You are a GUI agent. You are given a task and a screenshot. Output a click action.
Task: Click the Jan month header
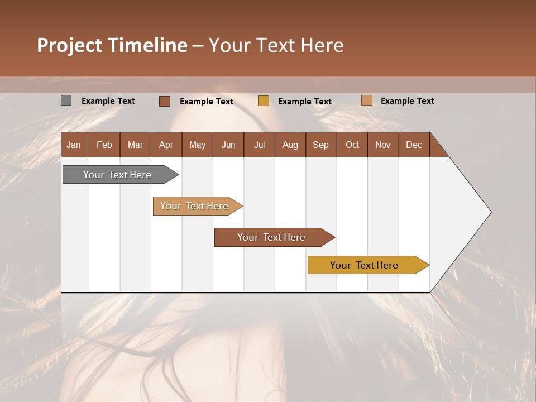(74, 145)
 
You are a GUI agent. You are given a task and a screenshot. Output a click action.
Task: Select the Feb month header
(104, 145)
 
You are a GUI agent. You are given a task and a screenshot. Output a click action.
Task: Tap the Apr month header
(166, 145)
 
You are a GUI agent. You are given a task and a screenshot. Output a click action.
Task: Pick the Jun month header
(228, 145)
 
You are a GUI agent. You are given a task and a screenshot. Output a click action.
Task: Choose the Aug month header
(290, 145)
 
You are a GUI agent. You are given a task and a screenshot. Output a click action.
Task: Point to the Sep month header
(321, 145)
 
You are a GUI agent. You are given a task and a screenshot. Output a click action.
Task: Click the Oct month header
(352, 145)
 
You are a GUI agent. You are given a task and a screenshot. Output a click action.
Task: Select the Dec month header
(414, 145)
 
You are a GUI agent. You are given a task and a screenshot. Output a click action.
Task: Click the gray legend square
(66, 100)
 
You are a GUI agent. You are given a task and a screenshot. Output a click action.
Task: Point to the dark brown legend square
(164, 101)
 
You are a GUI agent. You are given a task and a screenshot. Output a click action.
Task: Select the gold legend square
(264, 101)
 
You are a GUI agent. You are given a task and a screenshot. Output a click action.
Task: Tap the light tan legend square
(366, 100)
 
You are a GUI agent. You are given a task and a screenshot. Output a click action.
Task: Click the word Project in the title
(69, 45)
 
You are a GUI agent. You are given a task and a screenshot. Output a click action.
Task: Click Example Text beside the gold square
(304, 102)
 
